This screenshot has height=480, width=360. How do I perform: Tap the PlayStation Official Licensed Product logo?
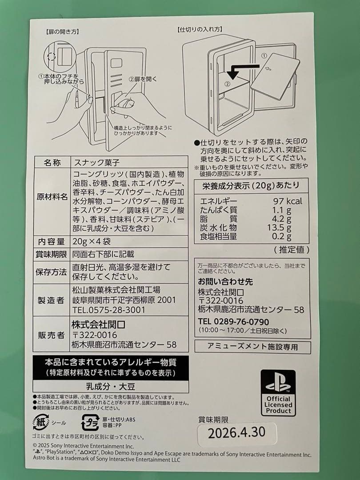pyautogui.click(x=278, y=393)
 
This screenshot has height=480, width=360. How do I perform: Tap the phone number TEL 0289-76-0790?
pyautogui.click(x=233, y=321)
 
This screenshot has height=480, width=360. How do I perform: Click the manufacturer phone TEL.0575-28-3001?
pyautogui.click(x=108, y=309)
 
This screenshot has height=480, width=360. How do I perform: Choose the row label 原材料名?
pyautogui.click(x=52, y=196)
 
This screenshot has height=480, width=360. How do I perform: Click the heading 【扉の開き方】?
pyautogui.click(x=62, y=32)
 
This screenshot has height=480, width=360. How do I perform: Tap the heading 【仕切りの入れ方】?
pyautogui.click(x=200, y=30)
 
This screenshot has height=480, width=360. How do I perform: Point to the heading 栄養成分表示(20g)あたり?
pyautogui.click(x=252, y=185)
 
